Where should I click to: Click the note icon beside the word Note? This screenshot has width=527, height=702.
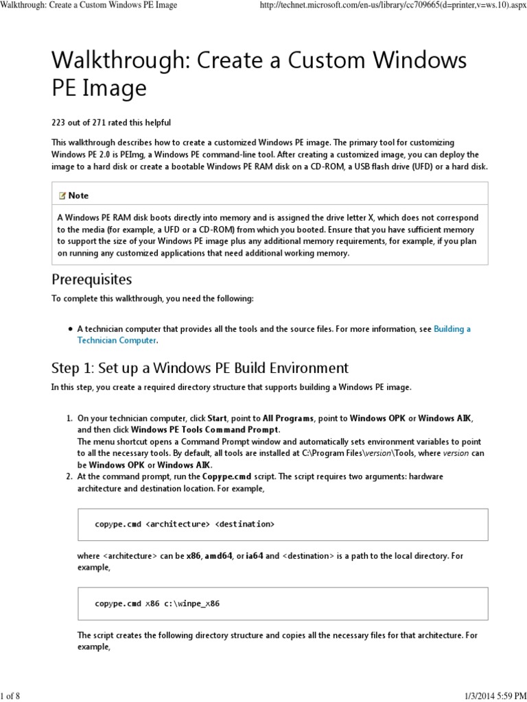62,195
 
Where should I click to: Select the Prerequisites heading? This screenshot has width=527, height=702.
92,280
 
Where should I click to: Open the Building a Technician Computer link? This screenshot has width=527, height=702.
452,329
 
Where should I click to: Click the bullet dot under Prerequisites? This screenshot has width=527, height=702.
70,329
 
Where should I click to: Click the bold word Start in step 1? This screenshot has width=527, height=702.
218,417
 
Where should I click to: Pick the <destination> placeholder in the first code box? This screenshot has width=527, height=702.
244,524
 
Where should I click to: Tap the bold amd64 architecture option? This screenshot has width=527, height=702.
219,556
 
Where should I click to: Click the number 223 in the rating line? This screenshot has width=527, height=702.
59,123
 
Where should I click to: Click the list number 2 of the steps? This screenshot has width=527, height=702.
69,476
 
